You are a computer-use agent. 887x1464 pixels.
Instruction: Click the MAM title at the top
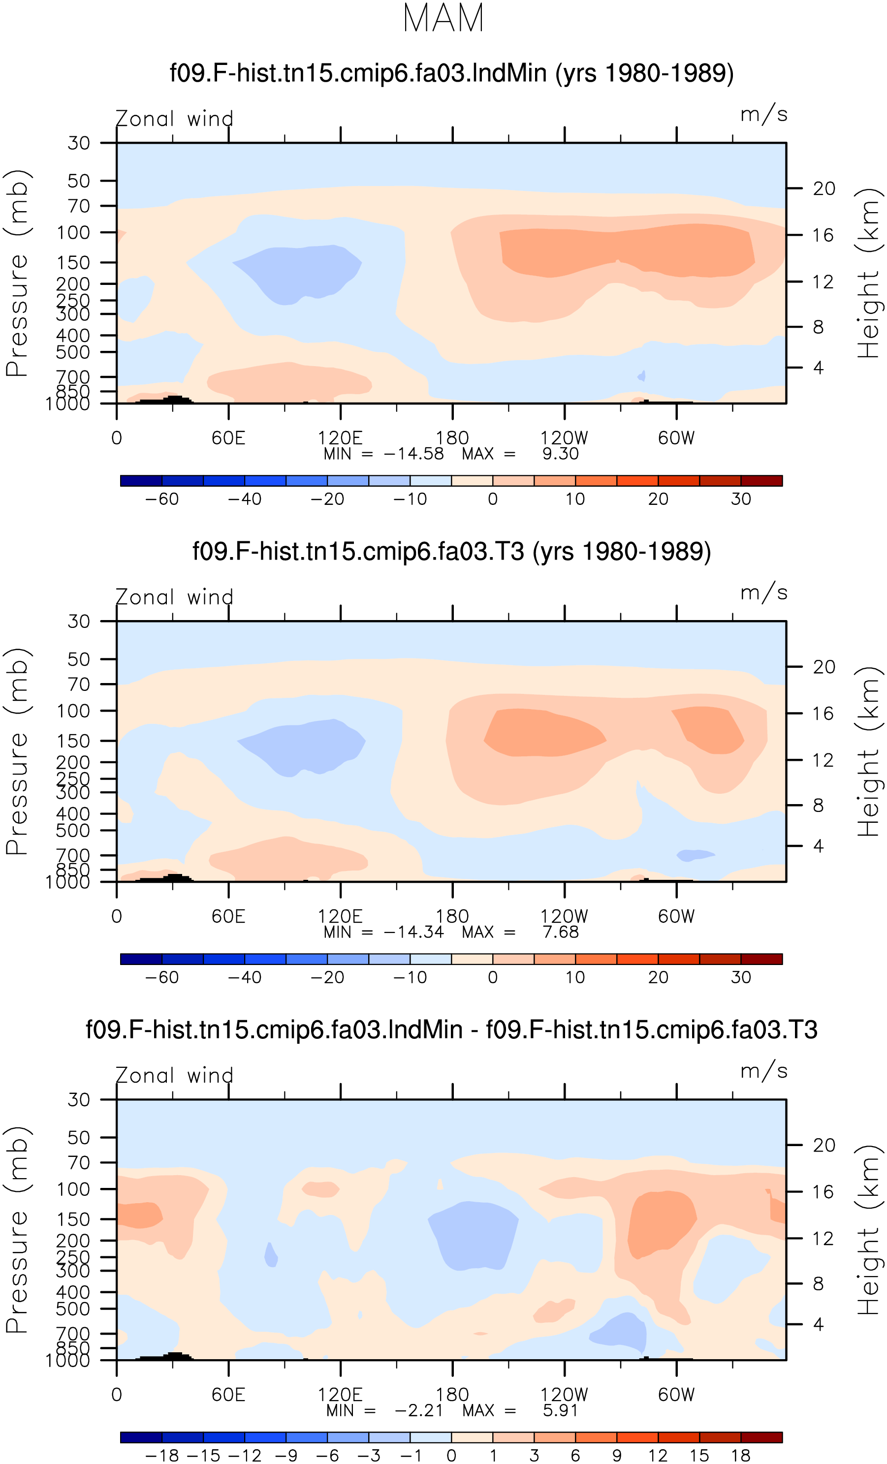click(x=443, y=18)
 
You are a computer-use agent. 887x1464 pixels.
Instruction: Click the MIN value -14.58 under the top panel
click(x=414, y=454)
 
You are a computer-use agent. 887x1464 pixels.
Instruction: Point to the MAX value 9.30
click(x=560, y=454)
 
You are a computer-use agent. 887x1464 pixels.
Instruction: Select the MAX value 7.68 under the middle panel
click(x=560, y=932)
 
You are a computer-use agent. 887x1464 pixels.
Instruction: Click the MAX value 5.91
click(x=560, y=1410)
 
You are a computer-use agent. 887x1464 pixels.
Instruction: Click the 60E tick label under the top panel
click(x=228, y=438)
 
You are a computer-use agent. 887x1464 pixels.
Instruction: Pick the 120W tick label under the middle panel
click(x=564, y=916)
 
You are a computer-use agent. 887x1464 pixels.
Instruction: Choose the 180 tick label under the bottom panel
click(x=452, y=1395)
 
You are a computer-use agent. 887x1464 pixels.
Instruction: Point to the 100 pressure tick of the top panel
click(x=73, y=232)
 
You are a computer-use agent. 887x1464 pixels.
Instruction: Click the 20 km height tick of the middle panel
click(x=824, y=667)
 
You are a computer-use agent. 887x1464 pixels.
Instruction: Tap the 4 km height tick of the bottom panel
click(x=818, y=1324)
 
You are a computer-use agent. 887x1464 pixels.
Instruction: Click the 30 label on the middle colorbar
click(x=741, y=977)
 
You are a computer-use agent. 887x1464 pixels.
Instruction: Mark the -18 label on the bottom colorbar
click(x=162, y=1456)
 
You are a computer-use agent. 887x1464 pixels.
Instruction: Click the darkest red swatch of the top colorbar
click(x=761, y=481)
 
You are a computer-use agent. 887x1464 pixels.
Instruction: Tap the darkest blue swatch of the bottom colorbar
click(x=141, y=1437)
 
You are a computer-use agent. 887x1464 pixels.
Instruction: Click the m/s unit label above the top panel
click(x=763, y=114)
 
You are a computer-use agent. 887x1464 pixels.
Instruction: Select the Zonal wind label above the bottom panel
click(x=174, y=1075)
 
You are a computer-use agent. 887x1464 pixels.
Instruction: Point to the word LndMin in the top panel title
click(x=509, y=73)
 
